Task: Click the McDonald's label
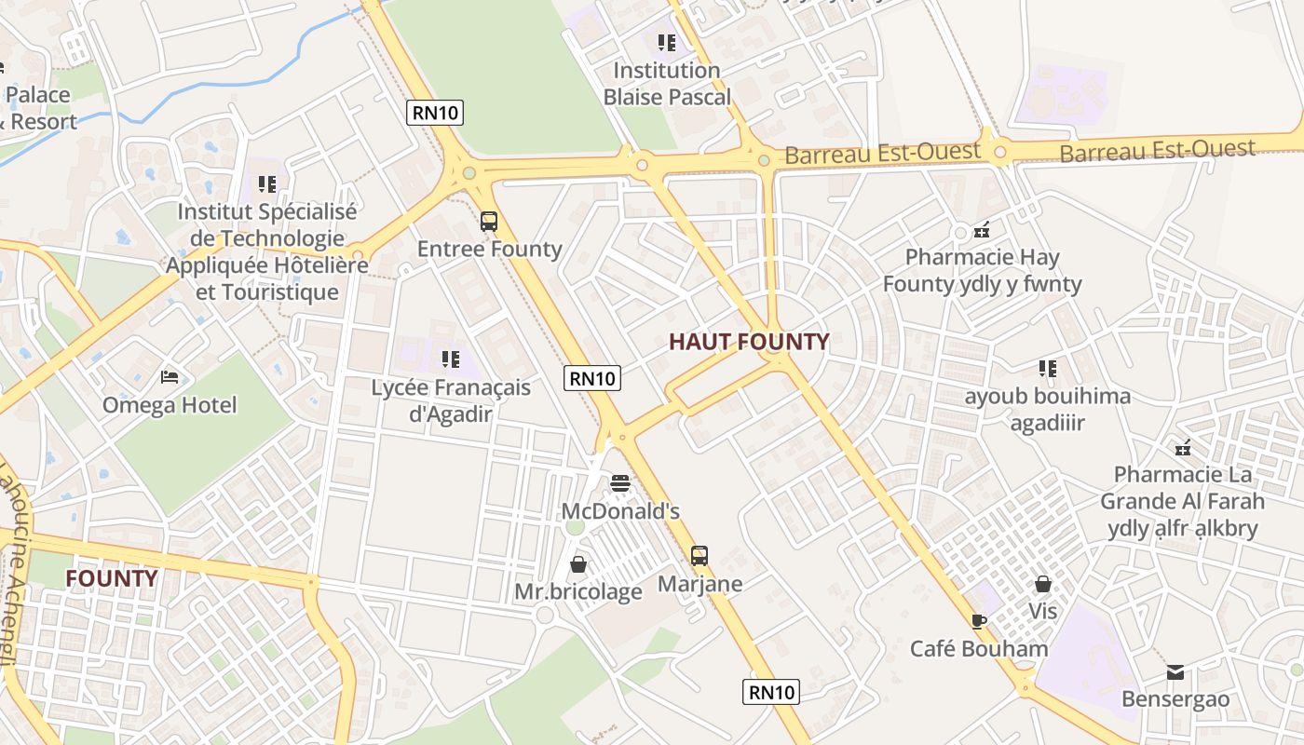(620, 511)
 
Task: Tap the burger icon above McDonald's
(620, 483)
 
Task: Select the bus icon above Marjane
(700, 556)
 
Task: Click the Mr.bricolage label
(578, 591)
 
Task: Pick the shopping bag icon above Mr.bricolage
(578, 564)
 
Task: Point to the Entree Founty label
(489, 249)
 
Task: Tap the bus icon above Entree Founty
(489, 222)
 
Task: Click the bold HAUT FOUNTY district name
(749, 342)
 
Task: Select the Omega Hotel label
(170, 405)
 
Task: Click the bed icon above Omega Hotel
(170, 377)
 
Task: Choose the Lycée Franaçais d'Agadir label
(451, 400)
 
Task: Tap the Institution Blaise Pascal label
(667, 83)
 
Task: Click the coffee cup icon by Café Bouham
(978, 621)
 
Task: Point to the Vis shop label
(1043, 612)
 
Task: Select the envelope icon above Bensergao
(1175, 672)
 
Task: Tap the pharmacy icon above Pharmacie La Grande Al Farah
(1183, 448)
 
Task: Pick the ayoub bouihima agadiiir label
(1048, 410)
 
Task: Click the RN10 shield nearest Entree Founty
(435, 114)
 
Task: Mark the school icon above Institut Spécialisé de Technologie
(267, 184)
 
